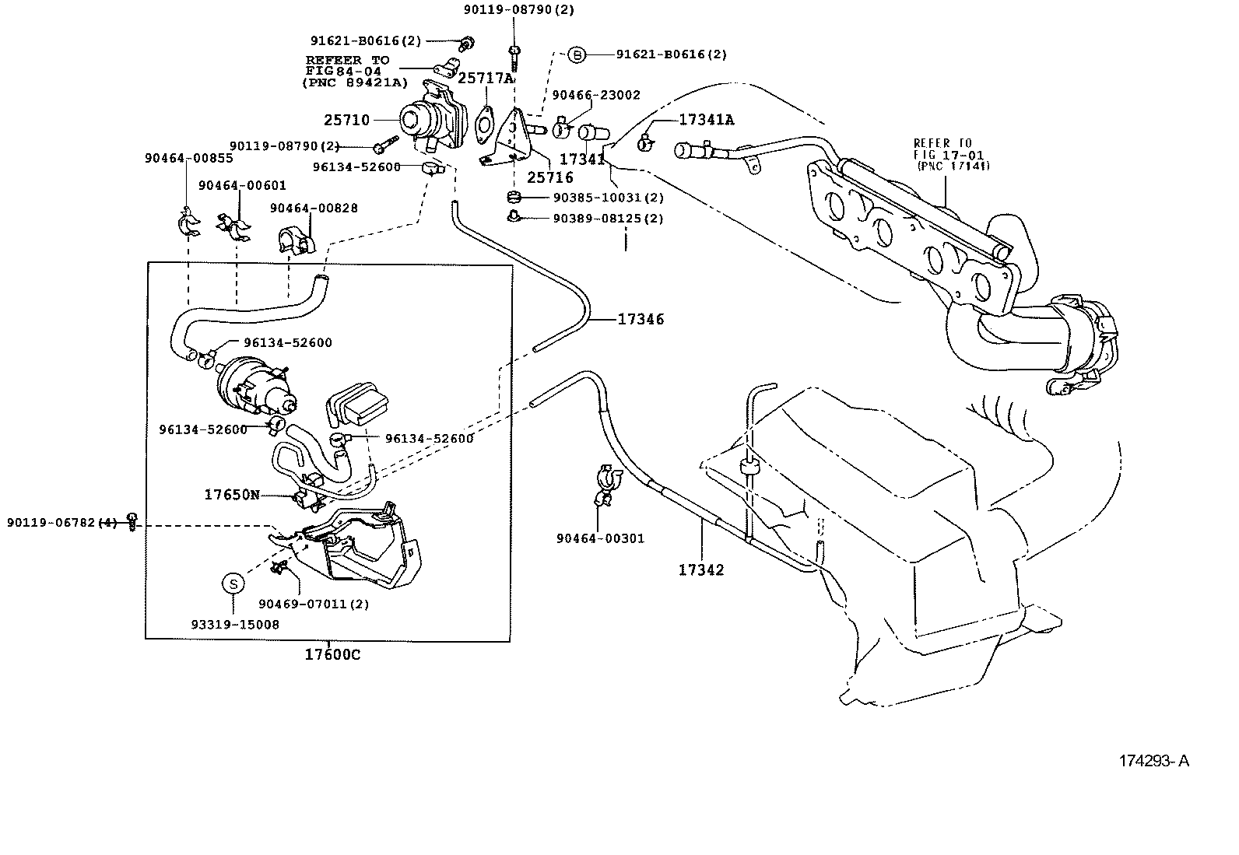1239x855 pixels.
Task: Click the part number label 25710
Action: coord(346,121)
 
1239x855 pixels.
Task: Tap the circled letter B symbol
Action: coord(576,54)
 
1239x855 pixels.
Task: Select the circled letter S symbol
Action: coord(233,583)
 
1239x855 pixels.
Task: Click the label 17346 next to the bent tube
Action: coord(641,319)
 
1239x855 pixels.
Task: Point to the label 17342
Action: coord(700,569)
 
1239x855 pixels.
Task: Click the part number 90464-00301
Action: coord(600,538)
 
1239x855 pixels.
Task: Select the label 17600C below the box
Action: coord(332,655)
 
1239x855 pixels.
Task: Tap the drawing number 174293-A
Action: coord(1154,761)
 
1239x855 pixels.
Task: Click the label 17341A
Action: coord(707,119)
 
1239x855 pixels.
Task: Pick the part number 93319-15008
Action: coord(234,624)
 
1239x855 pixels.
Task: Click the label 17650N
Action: coord(232,494)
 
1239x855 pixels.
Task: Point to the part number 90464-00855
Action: coord(188,158)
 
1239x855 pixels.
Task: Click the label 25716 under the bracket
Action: coord(549,177)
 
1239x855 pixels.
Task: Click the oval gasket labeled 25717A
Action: coord(485,123)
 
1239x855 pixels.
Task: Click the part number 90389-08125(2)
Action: coord(608,219)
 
